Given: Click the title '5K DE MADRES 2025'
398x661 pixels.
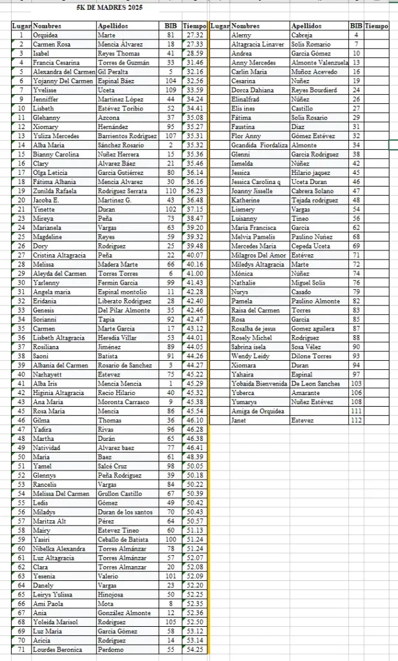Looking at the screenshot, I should click(x=109, y=8).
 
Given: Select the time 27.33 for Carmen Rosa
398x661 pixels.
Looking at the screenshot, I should click(x=194, y=44).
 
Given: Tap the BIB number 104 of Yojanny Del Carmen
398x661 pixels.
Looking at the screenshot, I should click(x=171, y=81).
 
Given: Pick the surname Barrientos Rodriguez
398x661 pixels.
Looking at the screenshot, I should click(x=127, y=136).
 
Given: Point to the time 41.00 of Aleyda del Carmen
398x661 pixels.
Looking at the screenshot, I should click(x=194, y=274).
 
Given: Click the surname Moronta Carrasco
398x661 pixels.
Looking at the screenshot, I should click(x=123, y=402).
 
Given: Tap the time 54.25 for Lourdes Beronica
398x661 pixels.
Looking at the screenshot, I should click(x=194, y=650).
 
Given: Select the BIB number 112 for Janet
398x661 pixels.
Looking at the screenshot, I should click(x=356, y=420).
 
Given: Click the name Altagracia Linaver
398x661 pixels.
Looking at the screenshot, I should click(x=257, y=45).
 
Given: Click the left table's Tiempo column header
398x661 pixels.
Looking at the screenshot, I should click(x=194, y=26).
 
